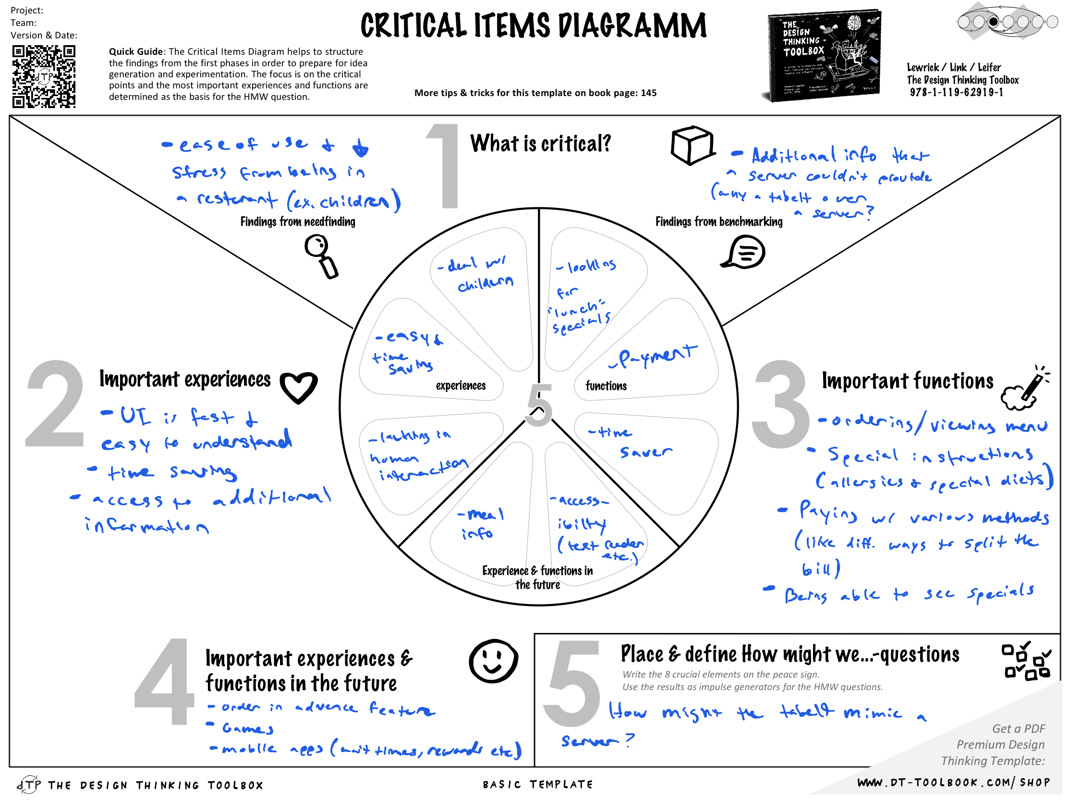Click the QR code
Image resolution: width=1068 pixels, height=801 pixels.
click(x=43, y=76)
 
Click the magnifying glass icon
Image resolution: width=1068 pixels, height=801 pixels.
click(x=321, y=256)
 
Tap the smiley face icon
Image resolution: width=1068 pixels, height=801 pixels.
click(x=493, y=661)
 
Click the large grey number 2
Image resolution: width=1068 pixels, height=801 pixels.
click(x=55, y=405)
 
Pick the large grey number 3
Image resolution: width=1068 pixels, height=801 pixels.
click(x=780, y=405)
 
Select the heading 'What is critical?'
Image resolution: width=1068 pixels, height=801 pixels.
click(x=540, y=144)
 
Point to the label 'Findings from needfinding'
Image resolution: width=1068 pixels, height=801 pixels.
click(x=297, y=221)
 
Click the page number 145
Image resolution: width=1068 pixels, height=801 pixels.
click(x=648, y=93)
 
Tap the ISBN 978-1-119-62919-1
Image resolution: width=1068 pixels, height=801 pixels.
click(x=956, y=92)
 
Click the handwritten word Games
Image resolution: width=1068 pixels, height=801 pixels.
click(x=248, y=728)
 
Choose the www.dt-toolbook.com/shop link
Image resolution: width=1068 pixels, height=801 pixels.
click(x=953, y=783)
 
